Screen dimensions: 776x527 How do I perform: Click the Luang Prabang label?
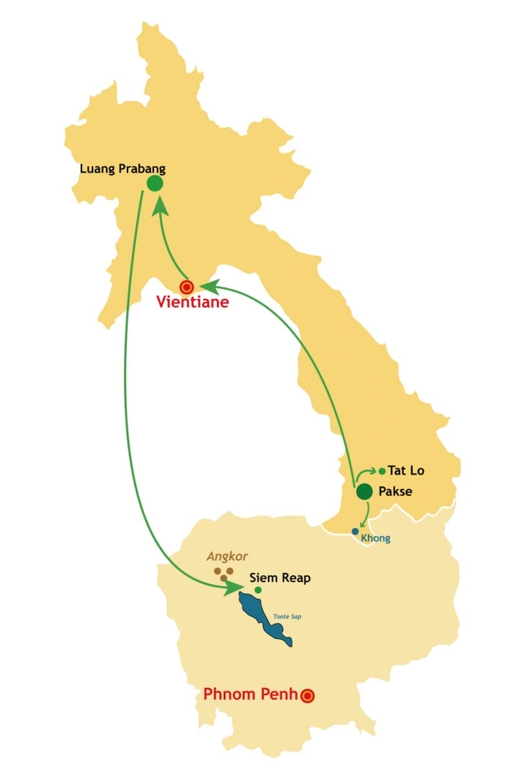tap(122, 169)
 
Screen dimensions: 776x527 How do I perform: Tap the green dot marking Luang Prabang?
tap(155, 184)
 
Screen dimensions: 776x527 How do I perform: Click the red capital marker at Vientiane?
tap(187, 286)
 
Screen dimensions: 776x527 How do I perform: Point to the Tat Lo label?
tap(406, 471)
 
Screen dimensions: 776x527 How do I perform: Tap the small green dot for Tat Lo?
tap(382, 471)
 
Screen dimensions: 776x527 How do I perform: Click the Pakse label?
tap(396, 491)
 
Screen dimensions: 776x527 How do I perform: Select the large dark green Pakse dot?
tap(365, 491)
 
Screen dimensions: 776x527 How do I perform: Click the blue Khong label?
tap(376, 539)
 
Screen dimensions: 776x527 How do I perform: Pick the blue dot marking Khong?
tap(355, 532)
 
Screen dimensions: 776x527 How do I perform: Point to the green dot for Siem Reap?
tap(258, 590)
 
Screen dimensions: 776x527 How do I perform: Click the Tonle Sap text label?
tap(290, 616)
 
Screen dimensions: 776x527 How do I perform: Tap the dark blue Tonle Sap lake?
tap(262, 614)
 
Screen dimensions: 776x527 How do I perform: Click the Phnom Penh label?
tap(250, 695)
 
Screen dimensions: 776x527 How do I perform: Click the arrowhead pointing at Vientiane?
tap(211, 285)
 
